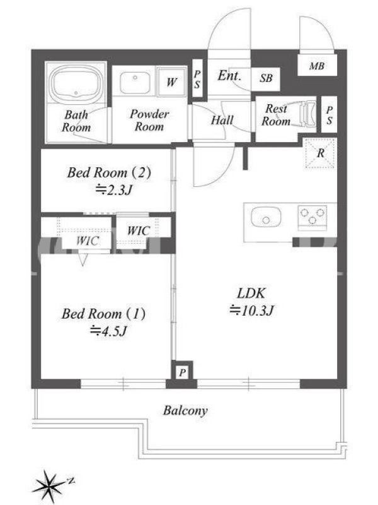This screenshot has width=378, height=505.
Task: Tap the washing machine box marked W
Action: pos(171,81)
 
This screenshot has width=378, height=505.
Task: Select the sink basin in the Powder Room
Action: pos(135,83)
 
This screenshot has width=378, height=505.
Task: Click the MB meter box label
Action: pos(317,66)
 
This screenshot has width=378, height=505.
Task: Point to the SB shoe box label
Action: pos(266,78)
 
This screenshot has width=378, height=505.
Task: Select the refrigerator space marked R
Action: pos(321,153)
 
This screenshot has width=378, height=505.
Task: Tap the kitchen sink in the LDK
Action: pos(266,217)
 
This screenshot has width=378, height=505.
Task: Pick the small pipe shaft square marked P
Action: pos(182,372)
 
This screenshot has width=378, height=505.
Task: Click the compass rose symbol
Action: pos(49,485)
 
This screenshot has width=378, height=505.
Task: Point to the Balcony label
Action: pos(185,411)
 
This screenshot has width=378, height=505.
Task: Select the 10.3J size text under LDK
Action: pos(251,311)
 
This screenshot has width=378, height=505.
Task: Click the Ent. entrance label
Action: pos(229,76)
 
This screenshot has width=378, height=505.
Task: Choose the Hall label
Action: pos(222,120)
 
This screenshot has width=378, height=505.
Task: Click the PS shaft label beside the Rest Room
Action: pos(329,115)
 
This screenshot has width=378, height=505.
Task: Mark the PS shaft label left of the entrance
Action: pos(197,80)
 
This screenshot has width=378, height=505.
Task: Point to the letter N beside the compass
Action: pos(71,481)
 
